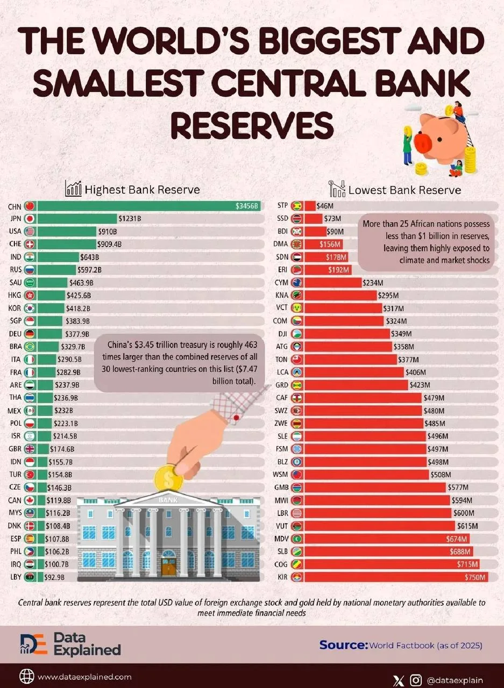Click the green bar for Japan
(x=77, y=218)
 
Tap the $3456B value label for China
(x=246, y=206)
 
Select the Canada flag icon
(x=30, y=500)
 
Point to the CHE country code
(x=16, y=244)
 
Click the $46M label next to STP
(x=325, y=206)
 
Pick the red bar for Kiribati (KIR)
(x=396, y=577)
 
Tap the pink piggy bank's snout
(x=423, y=142)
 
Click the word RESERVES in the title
(x=252, y=126)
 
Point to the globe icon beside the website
(x=27, y=677)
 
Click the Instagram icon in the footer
(x=415, y=680)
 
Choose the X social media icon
(x=399, y=680)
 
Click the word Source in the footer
(x=344, y=645)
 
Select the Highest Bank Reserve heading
(x=142, y=190)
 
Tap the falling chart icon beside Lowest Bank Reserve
(x=337, y=189)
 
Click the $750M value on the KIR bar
(x=475, y=577)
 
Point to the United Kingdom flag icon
(x=30, y=449)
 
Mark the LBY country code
(x=16, y=577)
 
